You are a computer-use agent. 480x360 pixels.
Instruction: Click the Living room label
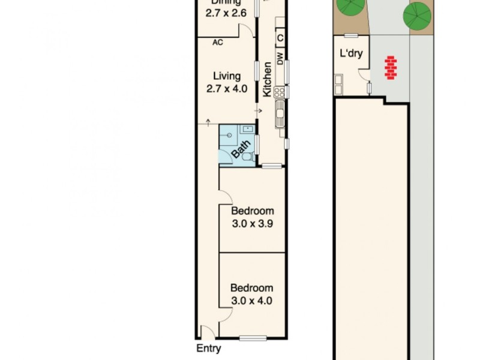click(227, 76)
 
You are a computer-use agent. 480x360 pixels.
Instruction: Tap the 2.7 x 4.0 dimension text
click(227, 89)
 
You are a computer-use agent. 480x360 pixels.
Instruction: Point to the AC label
click(218, 43)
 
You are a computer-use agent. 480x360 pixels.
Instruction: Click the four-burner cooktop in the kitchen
click(279, 92)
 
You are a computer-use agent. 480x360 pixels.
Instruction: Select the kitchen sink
click(279, 113)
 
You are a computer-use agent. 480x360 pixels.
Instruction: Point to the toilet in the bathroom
click(247, 156)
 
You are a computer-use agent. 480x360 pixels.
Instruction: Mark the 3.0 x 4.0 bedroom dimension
click(252, 301)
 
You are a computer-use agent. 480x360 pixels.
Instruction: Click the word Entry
click(209, 349)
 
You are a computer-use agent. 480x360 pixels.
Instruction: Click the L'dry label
click(352, 53)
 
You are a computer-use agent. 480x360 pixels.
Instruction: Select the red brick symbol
click(391, 67)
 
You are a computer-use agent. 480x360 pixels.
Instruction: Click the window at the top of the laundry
click(351, 36)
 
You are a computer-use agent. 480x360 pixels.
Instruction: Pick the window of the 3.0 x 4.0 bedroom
click(253, 338)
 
